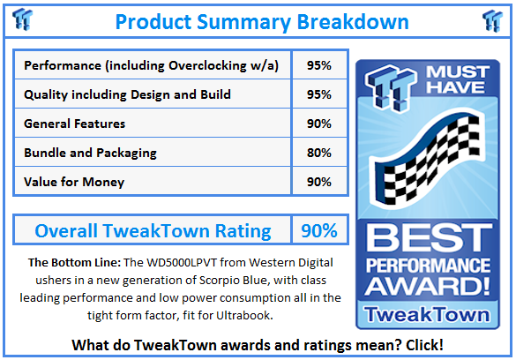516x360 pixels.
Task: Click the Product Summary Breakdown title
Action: point(262,21)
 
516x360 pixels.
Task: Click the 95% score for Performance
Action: point(319,66)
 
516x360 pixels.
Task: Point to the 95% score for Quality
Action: point(319,95)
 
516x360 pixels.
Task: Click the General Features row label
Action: point(75,124)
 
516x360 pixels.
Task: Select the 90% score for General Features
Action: point(319,124)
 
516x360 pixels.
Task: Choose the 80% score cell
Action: point(319,154)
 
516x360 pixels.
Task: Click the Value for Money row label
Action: point(74,183)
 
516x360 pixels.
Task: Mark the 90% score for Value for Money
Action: point(319,183)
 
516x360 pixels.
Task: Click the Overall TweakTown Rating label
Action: point(153,231)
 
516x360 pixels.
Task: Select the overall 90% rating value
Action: point(318,231)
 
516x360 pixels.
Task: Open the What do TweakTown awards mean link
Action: point(257,345)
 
